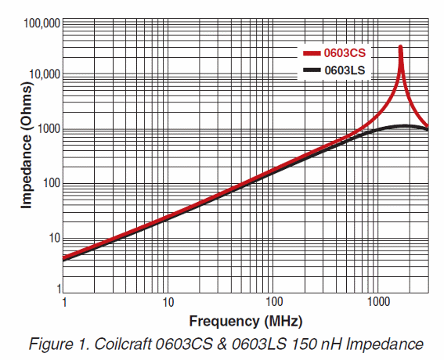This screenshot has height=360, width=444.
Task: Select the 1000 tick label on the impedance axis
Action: pos(47,130)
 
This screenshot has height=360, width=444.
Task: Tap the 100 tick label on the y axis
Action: pos(49,184)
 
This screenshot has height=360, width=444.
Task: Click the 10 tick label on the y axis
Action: pos(52,238)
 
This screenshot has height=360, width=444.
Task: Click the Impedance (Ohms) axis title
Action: pos(26,157)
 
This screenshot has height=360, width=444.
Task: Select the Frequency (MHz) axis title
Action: pos(245,321)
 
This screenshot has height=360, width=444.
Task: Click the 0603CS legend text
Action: pos(347,54)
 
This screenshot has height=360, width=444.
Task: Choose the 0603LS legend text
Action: pos(347,70)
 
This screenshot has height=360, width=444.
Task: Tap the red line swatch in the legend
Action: pos(312,54)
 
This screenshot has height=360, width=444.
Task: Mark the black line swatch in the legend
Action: pos(312,70)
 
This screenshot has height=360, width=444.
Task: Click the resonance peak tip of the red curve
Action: pos(401,47)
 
